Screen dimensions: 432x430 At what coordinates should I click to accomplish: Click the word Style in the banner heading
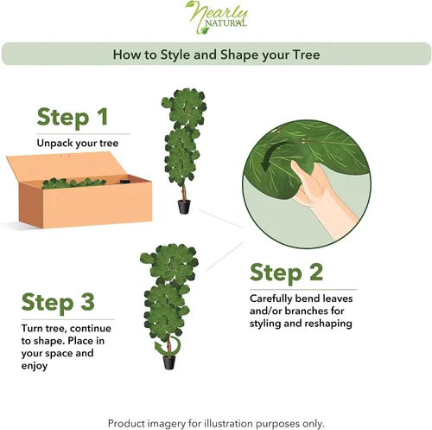tap(175, 55)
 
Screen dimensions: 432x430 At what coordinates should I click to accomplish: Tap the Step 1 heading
tap(73, 117)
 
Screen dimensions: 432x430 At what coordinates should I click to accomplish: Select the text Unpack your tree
tap(78, 143)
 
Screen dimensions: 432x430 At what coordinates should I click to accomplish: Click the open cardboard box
tap(79, 190)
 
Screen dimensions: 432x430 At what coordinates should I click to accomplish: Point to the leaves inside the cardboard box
tap(73, 183)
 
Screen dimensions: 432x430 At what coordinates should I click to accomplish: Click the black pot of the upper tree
tap(184, 207)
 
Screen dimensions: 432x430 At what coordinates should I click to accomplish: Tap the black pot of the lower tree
tap(169, 363)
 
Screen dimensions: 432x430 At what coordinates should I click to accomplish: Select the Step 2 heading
tap(286, 273)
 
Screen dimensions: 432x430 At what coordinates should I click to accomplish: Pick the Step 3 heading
tap(58, 302)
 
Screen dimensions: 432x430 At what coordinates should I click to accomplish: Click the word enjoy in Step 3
tap(35, 366)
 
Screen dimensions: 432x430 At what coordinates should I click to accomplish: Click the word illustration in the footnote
tap(229, 423)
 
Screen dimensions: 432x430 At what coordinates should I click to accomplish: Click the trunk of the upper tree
tap(183, 191)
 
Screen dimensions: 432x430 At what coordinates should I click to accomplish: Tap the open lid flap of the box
tap(67, 166)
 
